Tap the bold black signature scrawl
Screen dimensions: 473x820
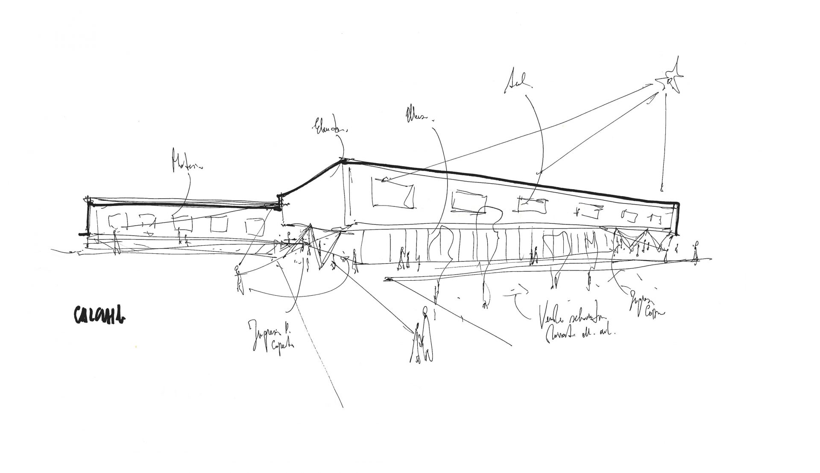[98, 315]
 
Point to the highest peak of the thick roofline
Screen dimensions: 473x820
[343, 162]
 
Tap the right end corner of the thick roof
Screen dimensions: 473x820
[676, 204]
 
